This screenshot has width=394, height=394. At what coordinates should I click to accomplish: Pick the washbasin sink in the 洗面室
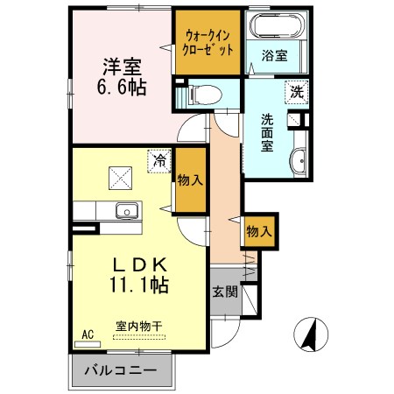(x=298, y=160)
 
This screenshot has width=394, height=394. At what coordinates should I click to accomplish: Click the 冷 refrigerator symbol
(x=158, y=161)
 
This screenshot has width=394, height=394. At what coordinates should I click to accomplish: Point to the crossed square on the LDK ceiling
(x=120, y=177)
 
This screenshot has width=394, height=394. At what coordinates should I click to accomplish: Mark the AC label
(x=88, y=334)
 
